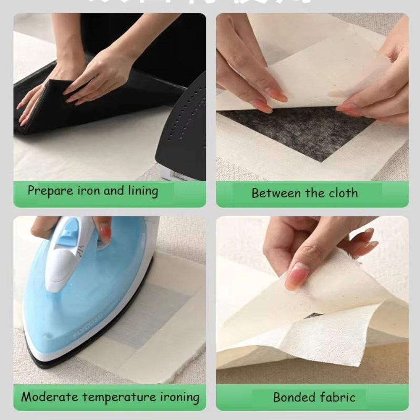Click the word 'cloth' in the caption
coord(343,193)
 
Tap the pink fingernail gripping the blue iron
coord(105,233)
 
